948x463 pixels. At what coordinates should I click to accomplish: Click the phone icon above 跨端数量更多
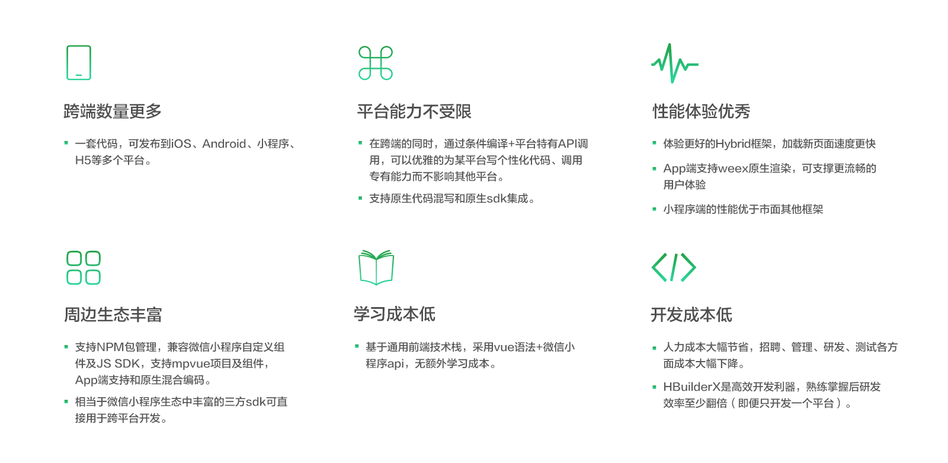click(x=79, y=63)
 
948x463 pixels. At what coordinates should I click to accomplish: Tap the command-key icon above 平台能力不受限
click(x=376, y=63)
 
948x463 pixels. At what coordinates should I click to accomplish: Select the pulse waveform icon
click(x=674, y=63)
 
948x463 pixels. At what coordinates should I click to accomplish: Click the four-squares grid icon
click(x=84, y=268)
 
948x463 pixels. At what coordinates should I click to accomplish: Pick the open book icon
click(x=376, y=267)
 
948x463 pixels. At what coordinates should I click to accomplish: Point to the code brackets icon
click(x=674, y=267)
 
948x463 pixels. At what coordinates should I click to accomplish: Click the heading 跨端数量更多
click(x=113, y=111)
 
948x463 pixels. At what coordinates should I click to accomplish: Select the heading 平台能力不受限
click(x=414, y=111)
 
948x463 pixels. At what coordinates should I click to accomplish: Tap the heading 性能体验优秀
click(x=701, y=111)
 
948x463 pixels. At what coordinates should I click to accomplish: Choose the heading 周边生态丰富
click(x=113, y=315)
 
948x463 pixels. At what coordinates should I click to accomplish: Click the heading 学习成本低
click(x=394, y=314)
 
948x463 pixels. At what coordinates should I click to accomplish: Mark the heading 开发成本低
click(x=691, y=315)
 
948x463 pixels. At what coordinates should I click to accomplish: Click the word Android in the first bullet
click(x=224, y=144)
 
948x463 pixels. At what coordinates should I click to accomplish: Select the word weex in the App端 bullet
click(x=734, y=169)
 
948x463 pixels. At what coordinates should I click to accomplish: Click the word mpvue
click(x=188, y=364)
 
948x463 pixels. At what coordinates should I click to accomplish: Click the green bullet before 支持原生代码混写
click(x=360, y=199)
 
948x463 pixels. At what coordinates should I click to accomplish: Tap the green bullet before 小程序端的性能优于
click(x=654, y=209)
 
